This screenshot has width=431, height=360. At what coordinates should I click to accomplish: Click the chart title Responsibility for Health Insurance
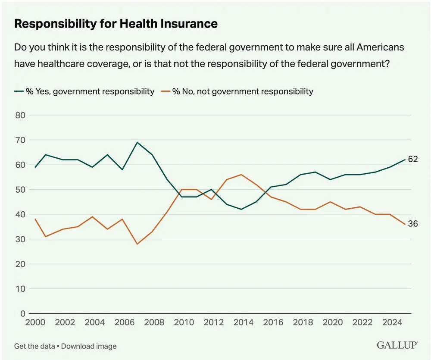coord(116,24)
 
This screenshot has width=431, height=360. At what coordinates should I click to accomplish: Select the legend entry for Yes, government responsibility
coord(84,91)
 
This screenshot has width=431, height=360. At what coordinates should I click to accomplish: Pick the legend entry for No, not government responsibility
coord(237,91)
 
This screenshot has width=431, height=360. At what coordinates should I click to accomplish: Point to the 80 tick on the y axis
coord(21,115)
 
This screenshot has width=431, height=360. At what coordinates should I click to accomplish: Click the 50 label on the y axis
coord(21,190)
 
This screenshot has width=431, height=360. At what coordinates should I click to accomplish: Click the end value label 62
coord(413,160)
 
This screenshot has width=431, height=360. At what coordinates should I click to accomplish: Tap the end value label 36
coord(413,224)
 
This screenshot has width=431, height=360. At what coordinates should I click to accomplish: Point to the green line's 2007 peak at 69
coord(137,142)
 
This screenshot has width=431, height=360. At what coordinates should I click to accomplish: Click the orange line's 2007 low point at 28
coord(137,244)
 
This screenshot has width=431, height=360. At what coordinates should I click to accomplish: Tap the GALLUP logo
coord(397,345)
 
